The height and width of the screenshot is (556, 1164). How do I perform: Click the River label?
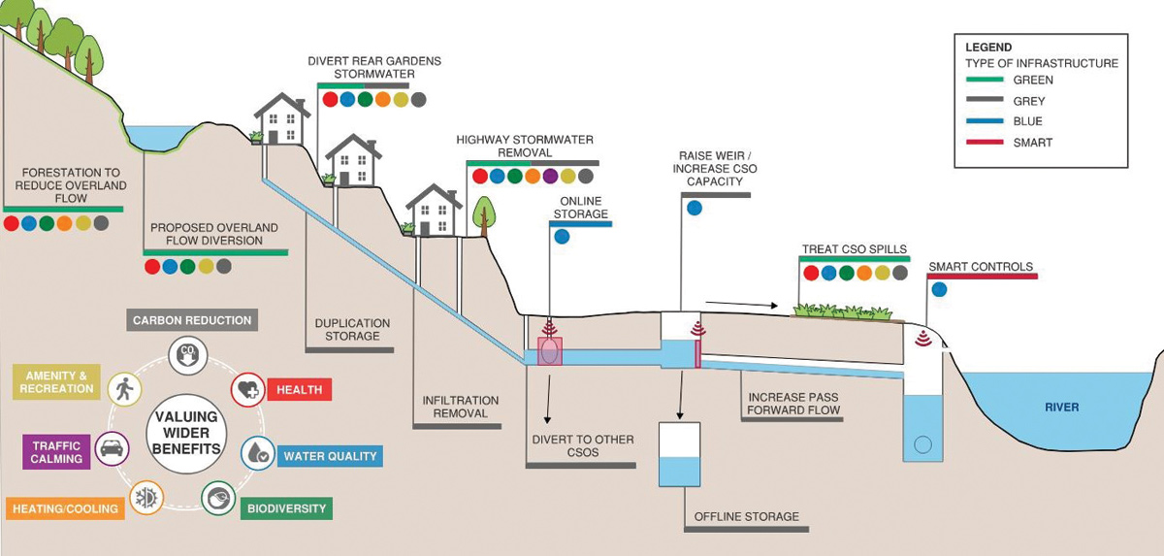1061,408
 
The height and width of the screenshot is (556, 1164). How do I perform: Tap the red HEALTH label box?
299,389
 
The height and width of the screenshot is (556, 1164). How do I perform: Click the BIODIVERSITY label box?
286,507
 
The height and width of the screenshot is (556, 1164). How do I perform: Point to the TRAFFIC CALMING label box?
56,451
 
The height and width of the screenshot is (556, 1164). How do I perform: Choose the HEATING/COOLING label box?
66,508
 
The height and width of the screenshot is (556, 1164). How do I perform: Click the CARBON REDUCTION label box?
192,320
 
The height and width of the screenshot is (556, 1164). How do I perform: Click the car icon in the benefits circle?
112,448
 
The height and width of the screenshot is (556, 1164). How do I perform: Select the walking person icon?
124,389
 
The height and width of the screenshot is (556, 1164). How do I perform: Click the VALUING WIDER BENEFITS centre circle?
184,434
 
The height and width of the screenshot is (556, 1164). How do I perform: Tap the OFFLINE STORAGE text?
746,516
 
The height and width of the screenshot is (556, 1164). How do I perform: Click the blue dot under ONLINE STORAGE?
562,236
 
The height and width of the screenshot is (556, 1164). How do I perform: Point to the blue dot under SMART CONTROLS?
938,288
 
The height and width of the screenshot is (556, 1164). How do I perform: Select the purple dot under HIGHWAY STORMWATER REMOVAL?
550,177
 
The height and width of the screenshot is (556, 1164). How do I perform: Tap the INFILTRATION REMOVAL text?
461,406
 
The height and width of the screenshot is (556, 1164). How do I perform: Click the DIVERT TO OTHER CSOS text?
583,445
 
